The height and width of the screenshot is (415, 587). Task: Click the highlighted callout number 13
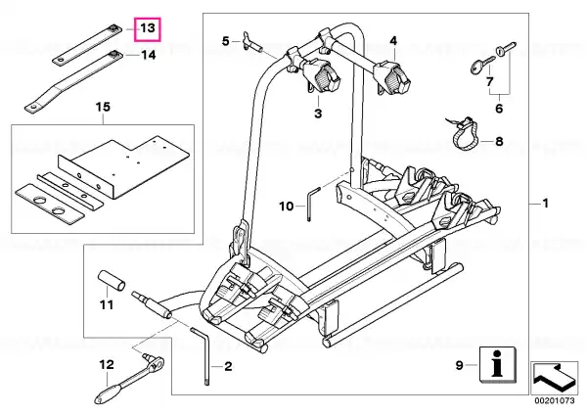point(148,28)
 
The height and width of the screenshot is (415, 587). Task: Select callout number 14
point(148,55)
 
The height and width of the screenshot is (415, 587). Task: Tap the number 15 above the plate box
point(104,107)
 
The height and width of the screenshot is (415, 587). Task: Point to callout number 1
point(546,204)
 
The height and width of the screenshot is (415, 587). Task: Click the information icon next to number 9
point(498,365)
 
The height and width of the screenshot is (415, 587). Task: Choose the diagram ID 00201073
point(554,400)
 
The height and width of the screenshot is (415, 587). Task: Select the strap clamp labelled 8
point(464,132)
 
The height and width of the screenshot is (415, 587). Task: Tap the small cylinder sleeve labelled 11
point(112,281)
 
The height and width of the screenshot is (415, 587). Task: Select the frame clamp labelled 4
point(392,78)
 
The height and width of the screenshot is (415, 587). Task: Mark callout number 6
point(499,109)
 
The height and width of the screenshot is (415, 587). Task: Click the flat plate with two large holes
point(50,204)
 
